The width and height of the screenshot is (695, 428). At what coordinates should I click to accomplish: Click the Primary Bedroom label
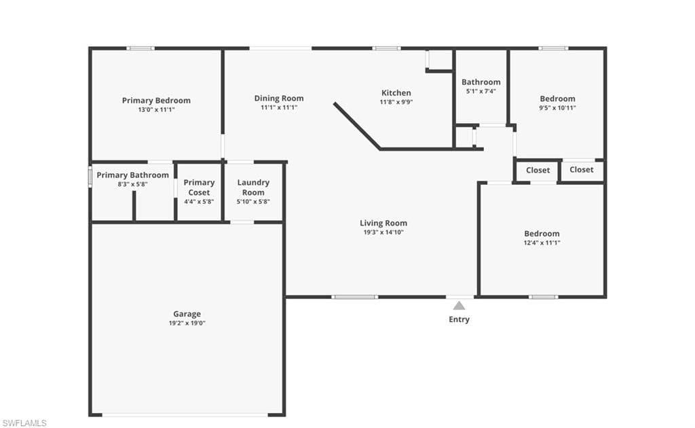tap(156, 101)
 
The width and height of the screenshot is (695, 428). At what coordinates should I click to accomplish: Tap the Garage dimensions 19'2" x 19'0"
tap(187, 323)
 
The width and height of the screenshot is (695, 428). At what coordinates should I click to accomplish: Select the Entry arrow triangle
tap(459, 306)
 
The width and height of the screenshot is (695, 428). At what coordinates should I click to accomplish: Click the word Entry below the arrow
tap(459, 319)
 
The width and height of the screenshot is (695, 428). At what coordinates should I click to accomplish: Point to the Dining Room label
tap(279, 99)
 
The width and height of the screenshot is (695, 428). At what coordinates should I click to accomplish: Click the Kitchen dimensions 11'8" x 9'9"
tap(396, 102)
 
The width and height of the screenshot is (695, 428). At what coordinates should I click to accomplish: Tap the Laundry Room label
tap(253, 188)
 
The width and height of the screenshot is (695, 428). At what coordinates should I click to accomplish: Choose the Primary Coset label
tap(199, 188)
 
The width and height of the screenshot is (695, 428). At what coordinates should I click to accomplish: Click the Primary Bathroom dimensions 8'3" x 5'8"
tap(132, 184)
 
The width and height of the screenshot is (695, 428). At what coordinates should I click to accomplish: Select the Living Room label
tap(383, 223)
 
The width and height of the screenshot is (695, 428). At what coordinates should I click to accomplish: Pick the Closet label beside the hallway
tap(538, 171)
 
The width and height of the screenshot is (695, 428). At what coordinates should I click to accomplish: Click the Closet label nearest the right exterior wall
tap(581, 170)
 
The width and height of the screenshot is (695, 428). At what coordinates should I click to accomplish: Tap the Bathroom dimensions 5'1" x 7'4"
tap(481, 91)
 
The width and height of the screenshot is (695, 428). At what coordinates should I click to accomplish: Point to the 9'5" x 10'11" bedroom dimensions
tap(557, 108)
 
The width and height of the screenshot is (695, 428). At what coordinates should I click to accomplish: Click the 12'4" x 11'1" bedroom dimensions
tap(542, 243)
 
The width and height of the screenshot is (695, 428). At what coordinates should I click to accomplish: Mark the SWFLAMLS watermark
tap(24, 423)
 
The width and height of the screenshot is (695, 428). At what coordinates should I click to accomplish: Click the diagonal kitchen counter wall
tap(357, 126)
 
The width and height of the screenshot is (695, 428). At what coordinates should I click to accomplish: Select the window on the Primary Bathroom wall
tap(90, 177)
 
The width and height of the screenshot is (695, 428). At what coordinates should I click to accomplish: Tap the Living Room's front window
tap(354, 297)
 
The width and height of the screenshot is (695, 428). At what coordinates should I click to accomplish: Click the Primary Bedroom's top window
tap(140, 48)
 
